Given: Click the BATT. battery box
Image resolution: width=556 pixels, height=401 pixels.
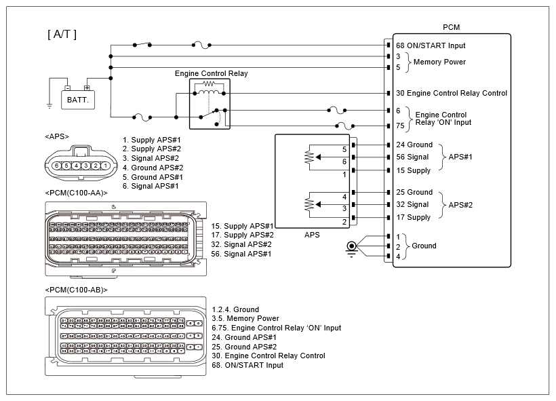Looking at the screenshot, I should pos(78,100).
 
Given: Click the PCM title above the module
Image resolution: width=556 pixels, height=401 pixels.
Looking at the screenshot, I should pos(452,28).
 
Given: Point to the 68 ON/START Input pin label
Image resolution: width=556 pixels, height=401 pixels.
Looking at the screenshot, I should pos(431,45).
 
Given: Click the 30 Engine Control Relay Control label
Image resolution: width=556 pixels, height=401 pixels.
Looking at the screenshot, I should pos(451,93).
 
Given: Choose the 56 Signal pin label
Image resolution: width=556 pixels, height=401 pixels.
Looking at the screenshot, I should pos(412,157).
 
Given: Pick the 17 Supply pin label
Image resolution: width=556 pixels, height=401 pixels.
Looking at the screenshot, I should pos(414,217).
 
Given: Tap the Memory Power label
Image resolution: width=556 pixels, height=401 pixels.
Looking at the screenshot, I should pos(439,62).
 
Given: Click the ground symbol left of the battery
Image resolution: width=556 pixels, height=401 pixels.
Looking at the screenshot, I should pos(49,105).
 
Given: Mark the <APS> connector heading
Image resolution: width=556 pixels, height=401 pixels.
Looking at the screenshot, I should pos(57,136).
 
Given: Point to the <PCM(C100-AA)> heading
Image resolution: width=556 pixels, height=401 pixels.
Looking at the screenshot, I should pos(76,192).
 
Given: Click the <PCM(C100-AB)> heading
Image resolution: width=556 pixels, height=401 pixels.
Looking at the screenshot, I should pos(76,290).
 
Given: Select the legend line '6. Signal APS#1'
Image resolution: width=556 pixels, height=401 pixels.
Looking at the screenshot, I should pos(151,186).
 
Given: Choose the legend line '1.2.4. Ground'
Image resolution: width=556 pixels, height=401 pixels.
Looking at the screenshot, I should pos(235,309).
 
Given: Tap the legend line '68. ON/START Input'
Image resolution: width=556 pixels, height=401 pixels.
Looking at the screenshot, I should pos(247,365).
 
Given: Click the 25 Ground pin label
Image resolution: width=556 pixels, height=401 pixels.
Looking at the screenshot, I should pos(414,192).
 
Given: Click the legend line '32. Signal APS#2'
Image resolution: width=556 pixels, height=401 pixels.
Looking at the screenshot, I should pos(241,244).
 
